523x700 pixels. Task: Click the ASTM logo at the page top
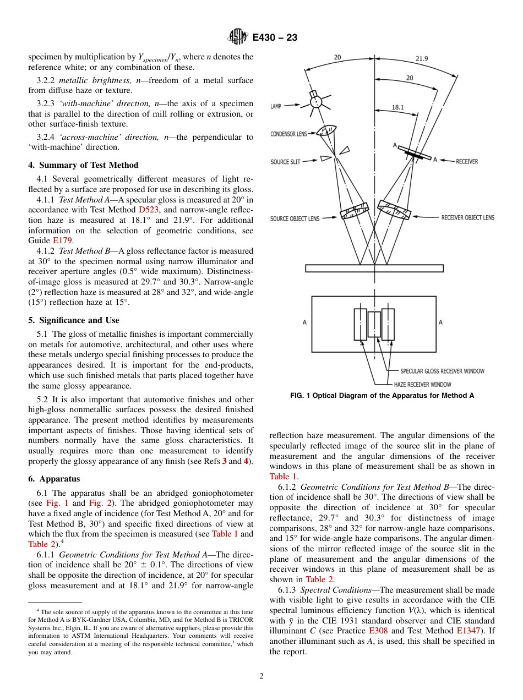click(238, 37)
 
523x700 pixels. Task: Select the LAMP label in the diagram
click(276, 106)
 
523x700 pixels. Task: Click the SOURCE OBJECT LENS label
click(295, 218)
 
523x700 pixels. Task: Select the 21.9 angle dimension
click(422, 58)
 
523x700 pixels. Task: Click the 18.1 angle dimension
click(398, 107)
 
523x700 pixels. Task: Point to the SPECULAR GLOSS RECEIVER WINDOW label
click(442, 371)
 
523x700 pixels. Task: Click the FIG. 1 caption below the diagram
click(382, 396)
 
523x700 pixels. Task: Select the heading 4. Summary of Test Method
click(83, 165)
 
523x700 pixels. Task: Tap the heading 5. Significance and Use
click(74, 320)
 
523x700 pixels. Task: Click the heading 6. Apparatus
click(54, 479)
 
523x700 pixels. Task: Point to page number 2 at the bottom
click(261, 676)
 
